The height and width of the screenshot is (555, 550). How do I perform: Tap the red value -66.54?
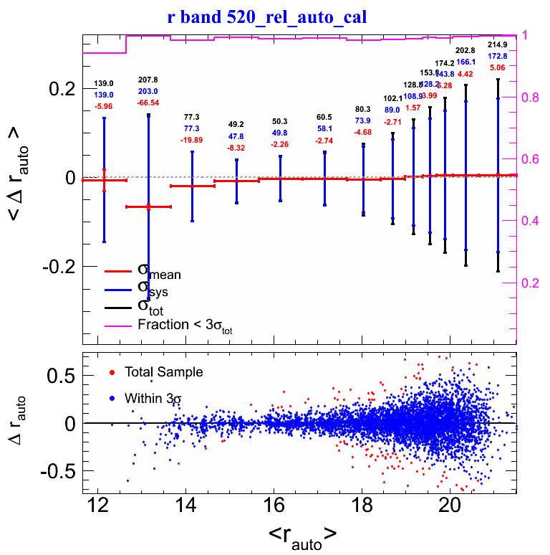click(149, 103)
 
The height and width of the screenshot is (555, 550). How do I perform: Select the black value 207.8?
click(149, 80)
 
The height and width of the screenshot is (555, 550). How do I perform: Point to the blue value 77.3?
click(192, 128)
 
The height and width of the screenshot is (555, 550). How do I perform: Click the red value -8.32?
click(236, 148)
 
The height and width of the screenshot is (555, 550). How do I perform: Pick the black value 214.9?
click(498, 44)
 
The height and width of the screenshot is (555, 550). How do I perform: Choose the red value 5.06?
click(498, 68)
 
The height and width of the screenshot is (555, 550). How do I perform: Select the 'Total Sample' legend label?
click(163, 372)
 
